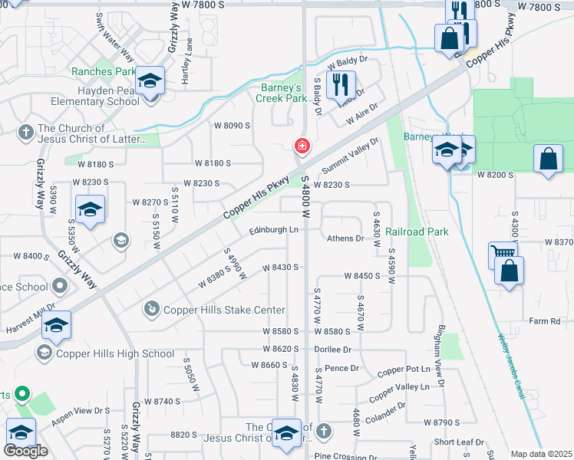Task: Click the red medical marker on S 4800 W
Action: [302, 146]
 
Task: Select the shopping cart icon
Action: [503, 252]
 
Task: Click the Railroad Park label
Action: [416, 232]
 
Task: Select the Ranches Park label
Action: [103, 72]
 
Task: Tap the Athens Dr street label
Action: [345, 238]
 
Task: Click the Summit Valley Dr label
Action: [351, 156]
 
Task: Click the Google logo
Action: [25, 451]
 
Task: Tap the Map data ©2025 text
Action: [542, 454]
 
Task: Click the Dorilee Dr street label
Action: [332, 349]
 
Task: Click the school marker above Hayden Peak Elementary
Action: [150, 80]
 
